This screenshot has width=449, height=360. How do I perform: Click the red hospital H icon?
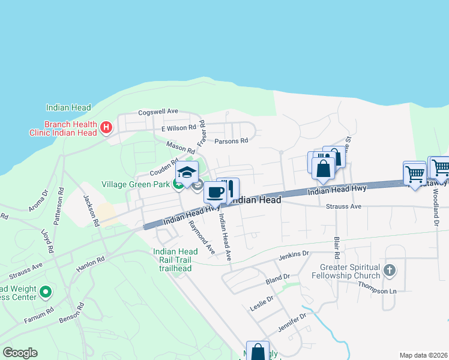coord(106,127)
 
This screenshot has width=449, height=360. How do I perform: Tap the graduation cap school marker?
coord(187,172)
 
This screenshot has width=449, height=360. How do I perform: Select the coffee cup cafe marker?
coord(215,193)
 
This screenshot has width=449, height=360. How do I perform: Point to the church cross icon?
coord(390,270)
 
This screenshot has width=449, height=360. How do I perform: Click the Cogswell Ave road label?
coord(158,112)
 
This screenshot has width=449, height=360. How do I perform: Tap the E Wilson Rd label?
coord(179,127)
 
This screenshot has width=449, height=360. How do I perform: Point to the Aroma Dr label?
coord(38,201)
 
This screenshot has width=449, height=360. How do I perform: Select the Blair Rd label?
coord(337,247)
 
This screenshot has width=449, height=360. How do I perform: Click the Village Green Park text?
coord(136,184)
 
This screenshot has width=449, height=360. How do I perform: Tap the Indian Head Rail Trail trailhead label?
coord(175,260)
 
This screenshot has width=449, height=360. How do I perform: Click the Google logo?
coord(20,353)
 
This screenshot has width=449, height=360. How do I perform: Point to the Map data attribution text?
coord(423,355)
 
